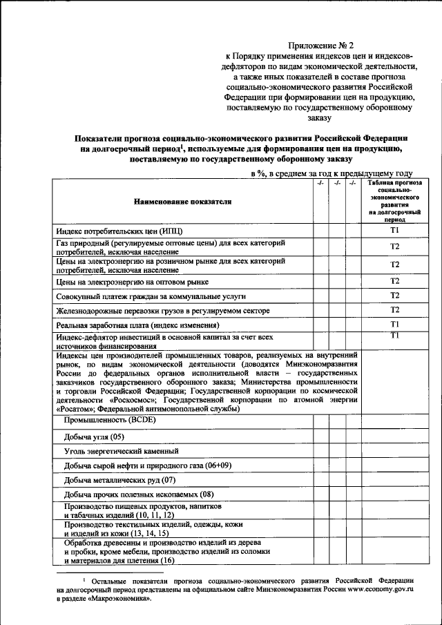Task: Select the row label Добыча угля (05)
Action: click(94, 436)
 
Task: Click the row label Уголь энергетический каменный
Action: click(122, 451)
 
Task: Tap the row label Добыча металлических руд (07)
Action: click(120, 480)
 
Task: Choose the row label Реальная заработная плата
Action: click(137, 325)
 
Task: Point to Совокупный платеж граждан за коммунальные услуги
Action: click(151, 296)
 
